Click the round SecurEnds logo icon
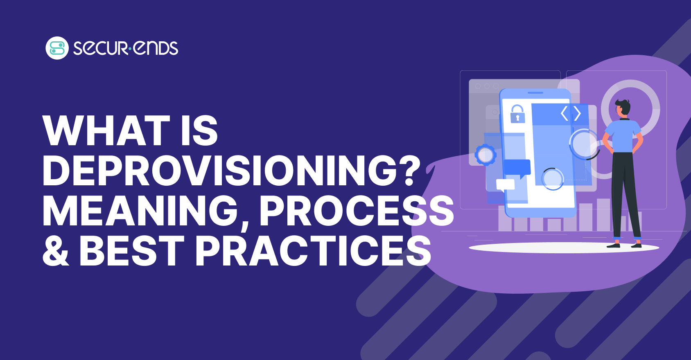pyautogui.click(x=57, y=48)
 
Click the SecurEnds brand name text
pyautogui.click(x=126, y=48)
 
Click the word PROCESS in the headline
pyautogui.click(x=357, y=211)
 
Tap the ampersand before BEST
pyautogui.click(x=56, y=251)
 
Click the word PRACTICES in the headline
pyautogui.click(x=313, y=251)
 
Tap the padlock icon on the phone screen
pyautogui.click(x=517, y=114)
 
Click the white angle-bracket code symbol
pyautogui.click(x=571, y=113)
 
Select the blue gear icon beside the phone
pyautogui.click(x=486, y=154)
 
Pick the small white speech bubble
pyautogui.click(x=505, y=185)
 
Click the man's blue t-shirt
pyautogui.click(x=623, y=136)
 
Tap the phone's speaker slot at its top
pyautogui.click(x=535, y=92)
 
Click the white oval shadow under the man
pyautogui.click(x=564, y=248)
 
